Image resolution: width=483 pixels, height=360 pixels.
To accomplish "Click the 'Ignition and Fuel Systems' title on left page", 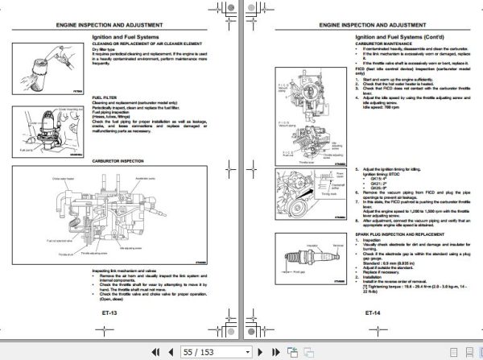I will (x=126, y=37).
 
